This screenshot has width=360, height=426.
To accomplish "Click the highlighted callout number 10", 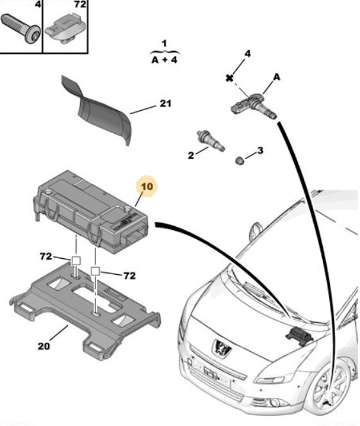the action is click(x=147, y=186).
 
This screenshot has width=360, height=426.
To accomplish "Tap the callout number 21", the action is click(x=165, y=103).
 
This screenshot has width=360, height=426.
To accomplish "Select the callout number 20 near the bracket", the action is click(x=44, y=346).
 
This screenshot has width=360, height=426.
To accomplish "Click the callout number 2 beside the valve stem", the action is click(x=191, y=155).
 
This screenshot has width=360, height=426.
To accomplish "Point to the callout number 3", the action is click(x=260, y=151).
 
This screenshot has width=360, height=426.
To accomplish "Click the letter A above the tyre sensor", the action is click(x=277, y=77).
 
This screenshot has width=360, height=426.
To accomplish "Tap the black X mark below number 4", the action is click(x=229, y=78).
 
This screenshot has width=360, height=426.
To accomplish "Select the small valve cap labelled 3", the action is click(x=240, y=160).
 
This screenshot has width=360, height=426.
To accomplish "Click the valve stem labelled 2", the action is click(x=211, y=141).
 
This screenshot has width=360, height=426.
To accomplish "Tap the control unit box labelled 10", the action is click(x=92, y=212).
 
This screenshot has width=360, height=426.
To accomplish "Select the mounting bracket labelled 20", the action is click(x=85, y=308).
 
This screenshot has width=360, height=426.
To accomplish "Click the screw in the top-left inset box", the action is click(x=21, y=29).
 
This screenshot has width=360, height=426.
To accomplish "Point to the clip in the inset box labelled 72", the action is click(x=66, y=29).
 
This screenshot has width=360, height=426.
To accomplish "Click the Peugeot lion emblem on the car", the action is click(x=222, y=348).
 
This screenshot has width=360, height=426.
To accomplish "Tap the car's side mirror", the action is click(x=256, y=231).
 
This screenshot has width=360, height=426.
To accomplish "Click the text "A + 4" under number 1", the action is click(x=165, y=60).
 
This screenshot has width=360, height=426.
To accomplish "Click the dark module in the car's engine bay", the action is click(x=299, y=336).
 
